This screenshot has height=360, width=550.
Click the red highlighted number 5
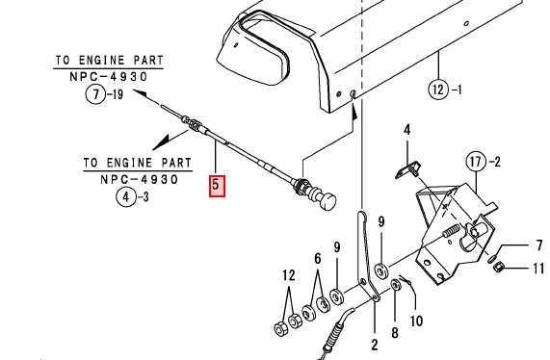(x=217, y=187)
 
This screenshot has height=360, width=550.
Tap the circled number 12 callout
(x=438, y=90)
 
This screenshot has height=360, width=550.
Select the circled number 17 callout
(x=476, y=162)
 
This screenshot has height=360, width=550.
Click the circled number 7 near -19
(x=95, y=94)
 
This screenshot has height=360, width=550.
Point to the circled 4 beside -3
(x=125, y=197)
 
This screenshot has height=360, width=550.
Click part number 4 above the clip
(x=406, y=130)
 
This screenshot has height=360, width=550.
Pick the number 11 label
(x=538, y=269)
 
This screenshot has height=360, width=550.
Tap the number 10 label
(x=416, y=321)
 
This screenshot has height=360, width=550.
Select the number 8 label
(x=395, y=333)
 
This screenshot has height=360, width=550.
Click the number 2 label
(x=375, y=345)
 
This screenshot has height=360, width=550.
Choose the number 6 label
(x=318, y=259)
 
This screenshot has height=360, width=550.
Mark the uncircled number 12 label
(x=289, y=275)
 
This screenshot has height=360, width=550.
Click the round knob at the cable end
(x=327, y=201)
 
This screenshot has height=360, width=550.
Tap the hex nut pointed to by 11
(x=498, y=269)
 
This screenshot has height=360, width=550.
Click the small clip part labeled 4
(x=408, y=169)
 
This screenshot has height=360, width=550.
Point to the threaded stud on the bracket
(x=452, y=231)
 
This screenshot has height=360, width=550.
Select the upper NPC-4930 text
(x=109, y=76)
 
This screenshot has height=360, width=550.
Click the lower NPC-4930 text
(x=140, y=179)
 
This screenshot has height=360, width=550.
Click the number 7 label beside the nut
(x=539, y=245)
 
